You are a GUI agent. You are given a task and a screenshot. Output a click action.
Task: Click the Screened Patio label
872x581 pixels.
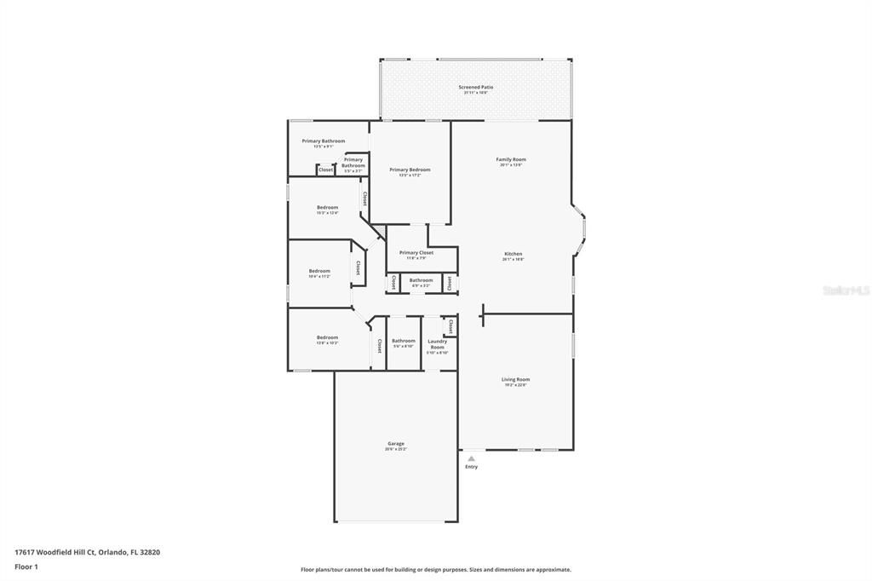click(475, 87)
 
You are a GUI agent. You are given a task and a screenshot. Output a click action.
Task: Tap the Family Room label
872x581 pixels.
click(511, 159)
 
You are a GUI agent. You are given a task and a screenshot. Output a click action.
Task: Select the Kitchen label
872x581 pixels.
click(513, 254)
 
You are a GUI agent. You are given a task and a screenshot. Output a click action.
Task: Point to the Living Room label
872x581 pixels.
click(515, 379)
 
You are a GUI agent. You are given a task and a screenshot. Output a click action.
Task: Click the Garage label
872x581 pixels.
click(396, 443)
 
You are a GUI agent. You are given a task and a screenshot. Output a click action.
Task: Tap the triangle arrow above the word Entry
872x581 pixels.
click(471, 458)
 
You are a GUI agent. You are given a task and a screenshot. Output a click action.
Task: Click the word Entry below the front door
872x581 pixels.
click(471, 467)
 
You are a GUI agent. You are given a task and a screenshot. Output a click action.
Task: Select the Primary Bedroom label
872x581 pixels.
click(410, 170)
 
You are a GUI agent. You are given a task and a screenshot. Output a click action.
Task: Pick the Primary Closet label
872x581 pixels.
click(416, 252)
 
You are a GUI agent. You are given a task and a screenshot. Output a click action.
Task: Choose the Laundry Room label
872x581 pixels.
click(437, 344)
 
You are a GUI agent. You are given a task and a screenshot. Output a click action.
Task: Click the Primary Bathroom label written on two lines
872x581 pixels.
click(353, 162)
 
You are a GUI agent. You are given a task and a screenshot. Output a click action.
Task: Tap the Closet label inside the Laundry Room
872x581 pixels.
click(450, 325)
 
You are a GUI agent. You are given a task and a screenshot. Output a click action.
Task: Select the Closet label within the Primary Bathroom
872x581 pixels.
click(325, 170)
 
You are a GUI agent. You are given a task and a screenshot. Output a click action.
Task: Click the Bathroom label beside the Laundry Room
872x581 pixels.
click(404, 341)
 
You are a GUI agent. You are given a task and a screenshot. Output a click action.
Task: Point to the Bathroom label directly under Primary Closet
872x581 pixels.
click(421, 279)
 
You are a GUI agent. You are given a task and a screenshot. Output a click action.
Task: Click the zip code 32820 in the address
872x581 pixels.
click(151, 552)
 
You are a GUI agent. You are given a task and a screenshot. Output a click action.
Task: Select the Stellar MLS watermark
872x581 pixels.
click(845, 290)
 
